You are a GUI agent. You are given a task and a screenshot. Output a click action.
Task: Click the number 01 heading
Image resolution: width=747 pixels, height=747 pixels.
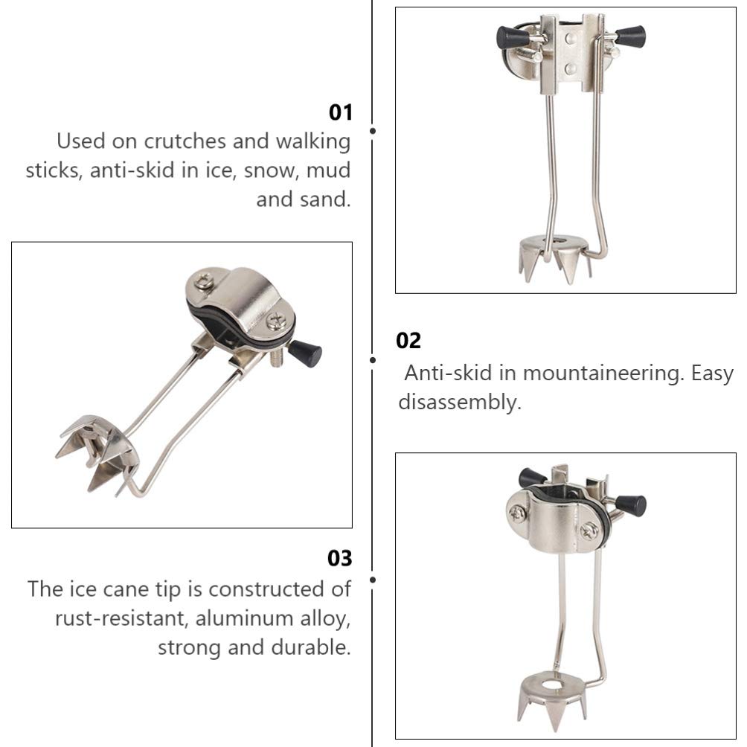click(341, 112)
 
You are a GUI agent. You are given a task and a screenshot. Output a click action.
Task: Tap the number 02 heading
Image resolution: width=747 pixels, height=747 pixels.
click(408, 341)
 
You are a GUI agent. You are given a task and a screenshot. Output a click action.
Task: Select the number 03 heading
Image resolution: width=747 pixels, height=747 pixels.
click(340, 558)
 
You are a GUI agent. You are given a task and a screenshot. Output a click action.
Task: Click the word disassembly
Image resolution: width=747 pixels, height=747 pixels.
click(460, 402)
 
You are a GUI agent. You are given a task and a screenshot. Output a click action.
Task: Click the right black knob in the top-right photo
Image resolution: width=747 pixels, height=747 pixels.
click(631, 36)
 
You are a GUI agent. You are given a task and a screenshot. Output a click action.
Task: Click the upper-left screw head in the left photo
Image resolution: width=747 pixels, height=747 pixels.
click(203, 280)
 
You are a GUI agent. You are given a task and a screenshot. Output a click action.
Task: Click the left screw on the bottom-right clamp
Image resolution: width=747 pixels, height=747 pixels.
click(516, 513)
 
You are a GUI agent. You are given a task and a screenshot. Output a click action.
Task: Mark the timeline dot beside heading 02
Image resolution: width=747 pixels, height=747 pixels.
click(373, 360)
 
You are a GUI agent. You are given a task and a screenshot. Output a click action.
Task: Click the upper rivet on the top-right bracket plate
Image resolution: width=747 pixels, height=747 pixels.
click(571, 38)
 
